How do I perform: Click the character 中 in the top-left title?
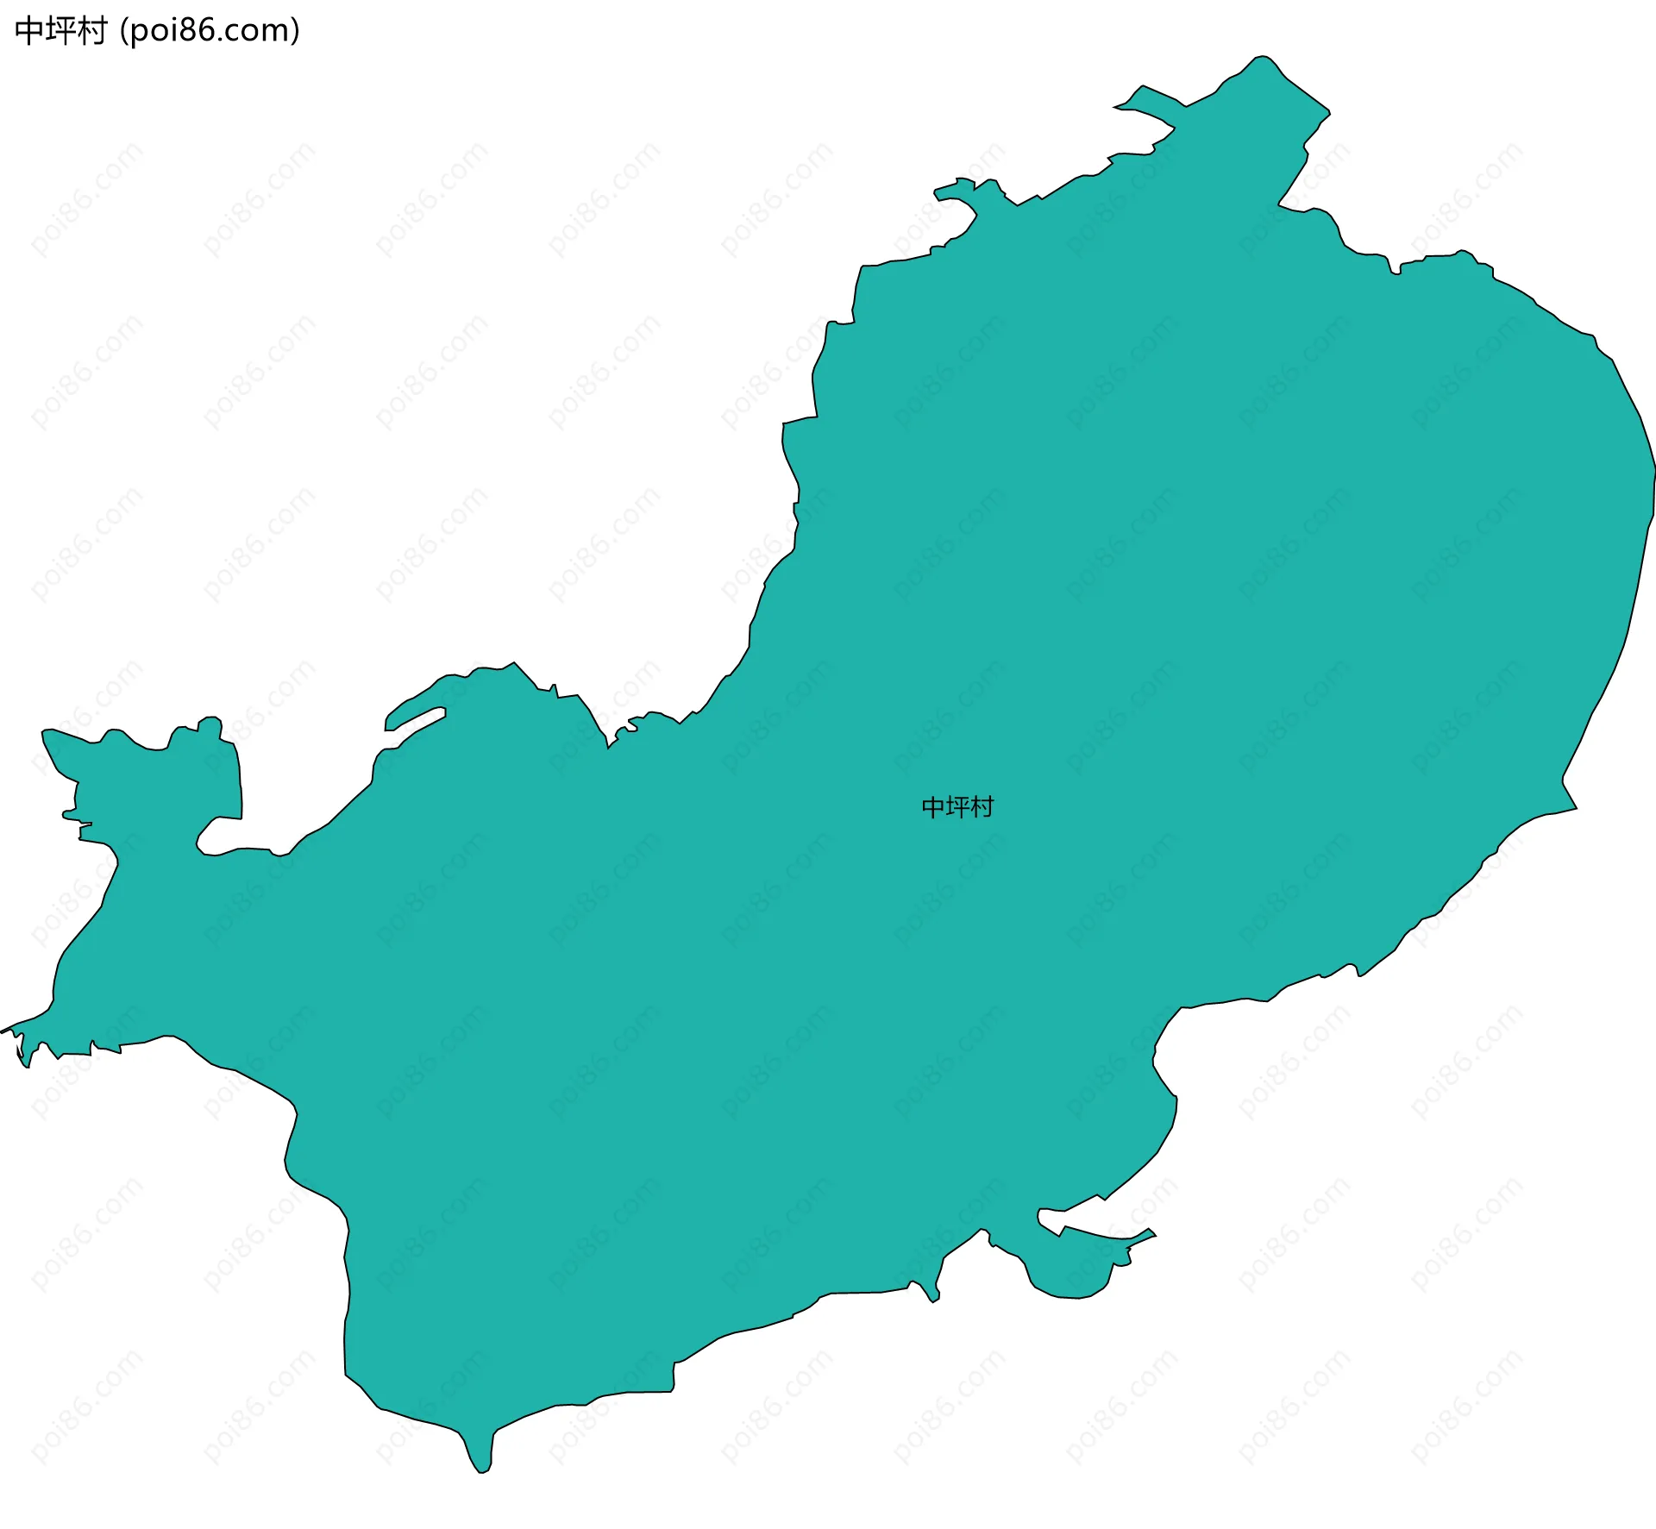(29, 31)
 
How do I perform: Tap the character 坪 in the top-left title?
(60, 31)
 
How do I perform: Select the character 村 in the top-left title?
(91, 31)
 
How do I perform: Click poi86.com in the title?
(210, 31)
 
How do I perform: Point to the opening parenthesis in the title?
(124, 31)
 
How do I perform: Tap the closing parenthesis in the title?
(296, 31)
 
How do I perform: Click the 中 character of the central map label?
(934, 807)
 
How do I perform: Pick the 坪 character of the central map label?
(958, 807)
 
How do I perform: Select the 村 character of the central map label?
(982, 807)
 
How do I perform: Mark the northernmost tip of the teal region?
(1262, 57)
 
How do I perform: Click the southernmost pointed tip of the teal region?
(482, 1471)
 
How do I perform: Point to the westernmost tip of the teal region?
(3, 1030)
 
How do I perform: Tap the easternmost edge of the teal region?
(1653, 470)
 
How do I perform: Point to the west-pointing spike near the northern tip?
(1118, 107)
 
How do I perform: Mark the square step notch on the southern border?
(674, 1377)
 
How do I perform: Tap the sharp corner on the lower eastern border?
(1575, 808)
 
